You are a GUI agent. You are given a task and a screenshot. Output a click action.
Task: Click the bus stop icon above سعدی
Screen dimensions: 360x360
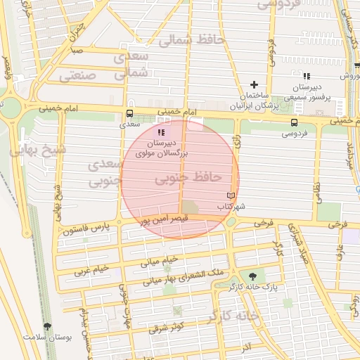129,113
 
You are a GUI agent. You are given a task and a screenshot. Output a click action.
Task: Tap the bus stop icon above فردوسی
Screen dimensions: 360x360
293,122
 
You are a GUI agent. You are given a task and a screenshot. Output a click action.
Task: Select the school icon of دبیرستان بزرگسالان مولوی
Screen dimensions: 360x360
162,131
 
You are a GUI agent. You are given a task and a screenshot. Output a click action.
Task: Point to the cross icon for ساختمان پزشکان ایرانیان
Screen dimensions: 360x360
255,84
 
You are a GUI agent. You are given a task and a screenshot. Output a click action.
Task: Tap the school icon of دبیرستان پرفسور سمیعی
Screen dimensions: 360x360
306,76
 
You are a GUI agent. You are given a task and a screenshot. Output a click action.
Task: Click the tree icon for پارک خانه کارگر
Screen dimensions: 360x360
252,276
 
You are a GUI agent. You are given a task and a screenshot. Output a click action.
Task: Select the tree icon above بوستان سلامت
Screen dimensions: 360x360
47,326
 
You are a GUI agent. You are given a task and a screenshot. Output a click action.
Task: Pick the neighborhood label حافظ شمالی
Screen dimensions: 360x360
191,41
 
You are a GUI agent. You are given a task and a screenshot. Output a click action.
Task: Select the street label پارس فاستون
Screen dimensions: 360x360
85,229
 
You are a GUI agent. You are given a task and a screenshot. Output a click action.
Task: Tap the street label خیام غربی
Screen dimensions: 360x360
91,269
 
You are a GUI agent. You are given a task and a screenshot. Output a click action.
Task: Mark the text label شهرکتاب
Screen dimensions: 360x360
230,207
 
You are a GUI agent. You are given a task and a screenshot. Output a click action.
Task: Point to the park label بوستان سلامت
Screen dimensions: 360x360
48,337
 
